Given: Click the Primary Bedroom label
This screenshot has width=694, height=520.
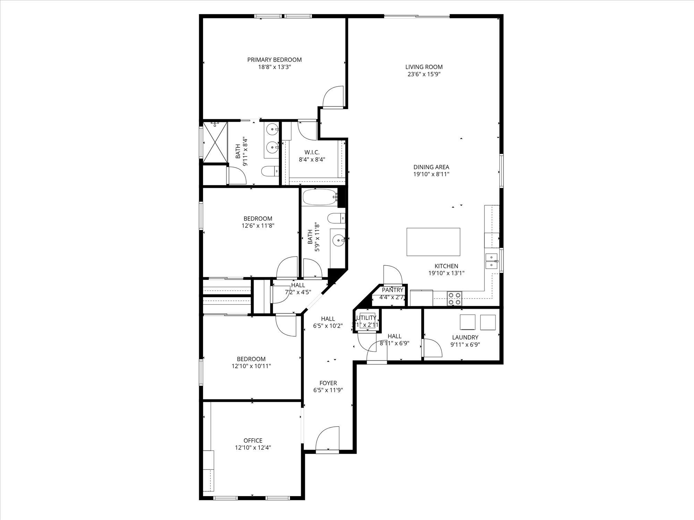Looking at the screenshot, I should tap(274, 60).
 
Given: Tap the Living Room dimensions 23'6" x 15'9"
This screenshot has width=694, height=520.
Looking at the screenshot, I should tap(424, 74).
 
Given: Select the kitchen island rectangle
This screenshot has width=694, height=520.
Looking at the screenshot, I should tap(433, 242).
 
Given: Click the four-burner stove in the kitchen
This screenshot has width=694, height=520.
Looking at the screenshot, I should tap(455, 298).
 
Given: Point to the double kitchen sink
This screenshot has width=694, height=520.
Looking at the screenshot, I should tap(492, 261).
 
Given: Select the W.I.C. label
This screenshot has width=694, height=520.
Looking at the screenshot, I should tap(312, 152).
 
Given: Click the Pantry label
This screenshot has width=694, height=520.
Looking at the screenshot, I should tap(392, 290).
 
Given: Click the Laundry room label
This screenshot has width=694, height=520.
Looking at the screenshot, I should tap(465, 337).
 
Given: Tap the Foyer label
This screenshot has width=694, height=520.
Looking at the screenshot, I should tap(328, 383).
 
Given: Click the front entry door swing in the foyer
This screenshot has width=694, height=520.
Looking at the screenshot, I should tap(327, 439).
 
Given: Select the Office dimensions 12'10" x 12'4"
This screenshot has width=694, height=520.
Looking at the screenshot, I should tap(253, 448).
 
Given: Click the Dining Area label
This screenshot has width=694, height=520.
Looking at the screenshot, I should tap(431, 167).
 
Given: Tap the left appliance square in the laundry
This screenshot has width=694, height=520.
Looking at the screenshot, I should tap(467, 322).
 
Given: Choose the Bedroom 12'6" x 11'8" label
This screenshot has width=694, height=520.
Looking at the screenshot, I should tap(258, 218).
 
